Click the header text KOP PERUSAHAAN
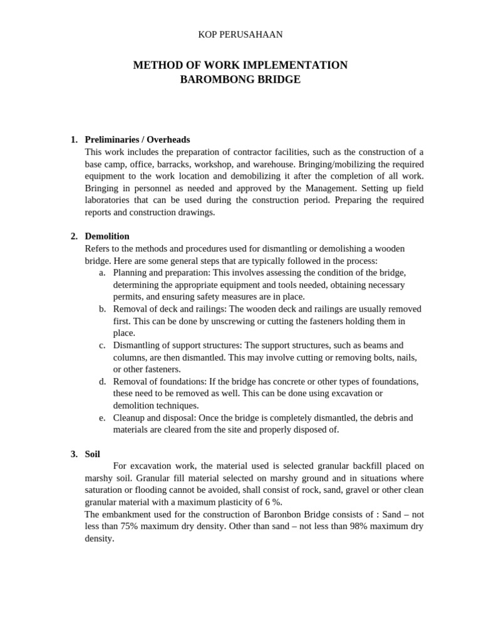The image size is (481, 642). [240, 34]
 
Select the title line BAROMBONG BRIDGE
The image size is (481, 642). [240, 80]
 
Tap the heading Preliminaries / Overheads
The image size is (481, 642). [137, 140]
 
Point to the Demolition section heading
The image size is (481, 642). [107, 236]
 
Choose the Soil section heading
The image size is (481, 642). [92, 454]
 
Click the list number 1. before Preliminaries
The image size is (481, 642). [74, 140]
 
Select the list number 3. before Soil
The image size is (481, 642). [74, 454]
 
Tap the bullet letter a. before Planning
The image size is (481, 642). [102, 273]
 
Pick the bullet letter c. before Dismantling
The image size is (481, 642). [102, 345]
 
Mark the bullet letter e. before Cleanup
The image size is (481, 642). [102, 418]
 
